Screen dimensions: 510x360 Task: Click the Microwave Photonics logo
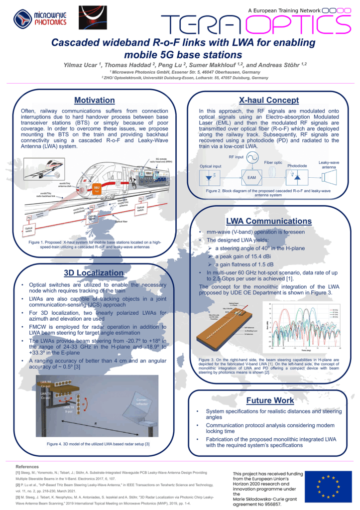[34, 20]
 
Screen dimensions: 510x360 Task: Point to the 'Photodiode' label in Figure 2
[298, 165]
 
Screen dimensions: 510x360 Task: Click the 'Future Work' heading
[270, 400]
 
